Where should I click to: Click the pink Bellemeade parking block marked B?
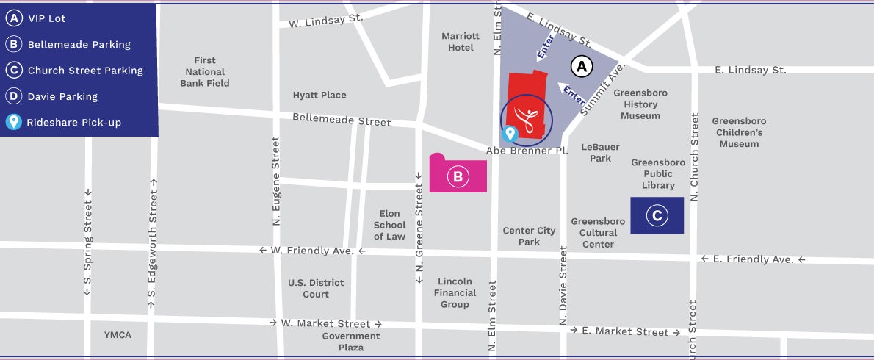click(x=458, y=176)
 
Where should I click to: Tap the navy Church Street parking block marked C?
click(x=657, y=215)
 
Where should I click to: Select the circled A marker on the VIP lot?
click(x=582, y=68)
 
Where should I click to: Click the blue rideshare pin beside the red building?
click(x=508, y=134)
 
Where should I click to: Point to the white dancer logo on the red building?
click(x=525, y=118)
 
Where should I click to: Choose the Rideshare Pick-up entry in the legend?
click(x=73, y=122)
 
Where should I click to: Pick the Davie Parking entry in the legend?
click(x=62, y=96)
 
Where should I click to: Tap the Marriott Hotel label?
click(x=461, y=42)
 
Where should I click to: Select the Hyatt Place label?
click(x=319, y=95)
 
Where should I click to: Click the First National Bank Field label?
click(x=205, y=72)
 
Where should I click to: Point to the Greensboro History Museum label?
click(x=640, y=104)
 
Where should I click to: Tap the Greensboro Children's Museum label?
click(x=739, y=132)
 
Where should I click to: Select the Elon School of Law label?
click(x=389, y=225)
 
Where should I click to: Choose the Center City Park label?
click(x=529, y=236)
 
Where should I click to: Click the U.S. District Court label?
click(x=316, y=288)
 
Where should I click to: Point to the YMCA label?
click(x=118, y=335)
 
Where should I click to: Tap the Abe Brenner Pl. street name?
click(x=527, y=151)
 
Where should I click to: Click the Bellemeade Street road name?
click(x=342, y=120)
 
